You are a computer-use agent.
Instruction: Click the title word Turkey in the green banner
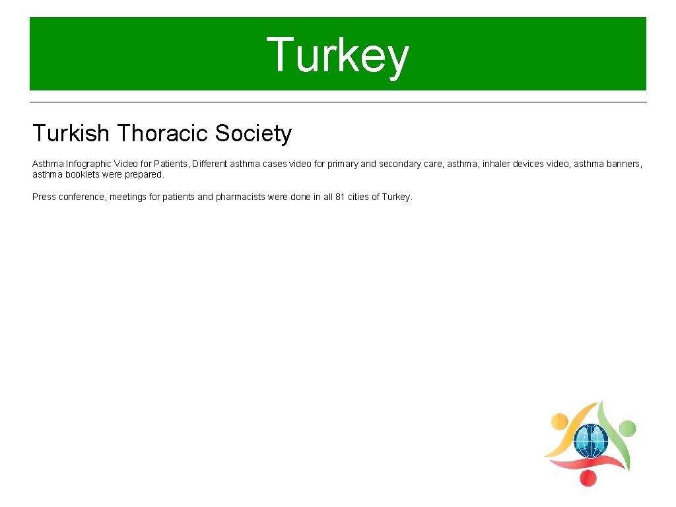338,55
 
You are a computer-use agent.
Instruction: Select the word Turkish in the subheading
71,133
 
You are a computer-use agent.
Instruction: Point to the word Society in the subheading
253,133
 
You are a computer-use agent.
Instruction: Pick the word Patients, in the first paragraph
170,164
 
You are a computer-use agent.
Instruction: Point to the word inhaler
497,164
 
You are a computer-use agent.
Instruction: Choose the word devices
529,164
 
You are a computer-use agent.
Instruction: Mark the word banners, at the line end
624,164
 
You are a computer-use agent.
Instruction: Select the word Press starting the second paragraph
44,197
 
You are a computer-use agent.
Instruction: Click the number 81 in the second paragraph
341,197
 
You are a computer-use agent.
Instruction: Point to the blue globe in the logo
590,440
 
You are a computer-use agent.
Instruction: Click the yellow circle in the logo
559,421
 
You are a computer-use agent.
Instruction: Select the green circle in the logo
627,428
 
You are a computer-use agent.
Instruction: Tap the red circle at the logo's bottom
587,477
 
